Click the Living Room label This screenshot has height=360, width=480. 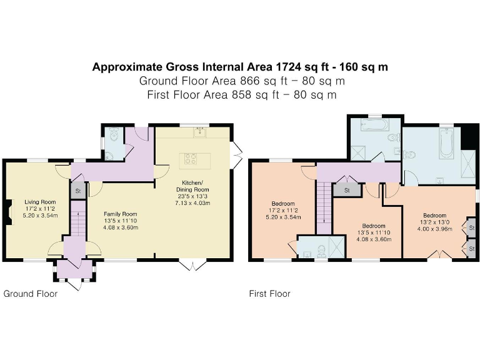tap(40, 202)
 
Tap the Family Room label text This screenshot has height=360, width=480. tap(120, 214)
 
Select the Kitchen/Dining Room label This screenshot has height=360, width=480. tap(192, 186)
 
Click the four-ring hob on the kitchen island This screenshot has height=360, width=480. tap(191, 159)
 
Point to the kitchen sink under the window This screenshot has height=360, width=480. tap(200, 132)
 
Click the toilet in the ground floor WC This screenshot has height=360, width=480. tap(114, 134)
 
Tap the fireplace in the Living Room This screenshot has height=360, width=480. tap(10, 212)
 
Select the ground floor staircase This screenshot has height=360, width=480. tap(77, 218)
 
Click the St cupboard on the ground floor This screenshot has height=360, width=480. tap(77, 191)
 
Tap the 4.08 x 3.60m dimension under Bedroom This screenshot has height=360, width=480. tap(374, 239)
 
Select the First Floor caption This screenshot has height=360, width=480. tap(270, 294)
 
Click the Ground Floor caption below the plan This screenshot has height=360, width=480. tap(31, 294)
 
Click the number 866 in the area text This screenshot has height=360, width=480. tap(248, 81)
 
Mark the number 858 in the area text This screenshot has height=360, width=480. tap(240, 95)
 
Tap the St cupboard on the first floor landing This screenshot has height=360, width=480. tap(347, 190)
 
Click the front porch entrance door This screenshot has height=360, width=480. tap(75, 285)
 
